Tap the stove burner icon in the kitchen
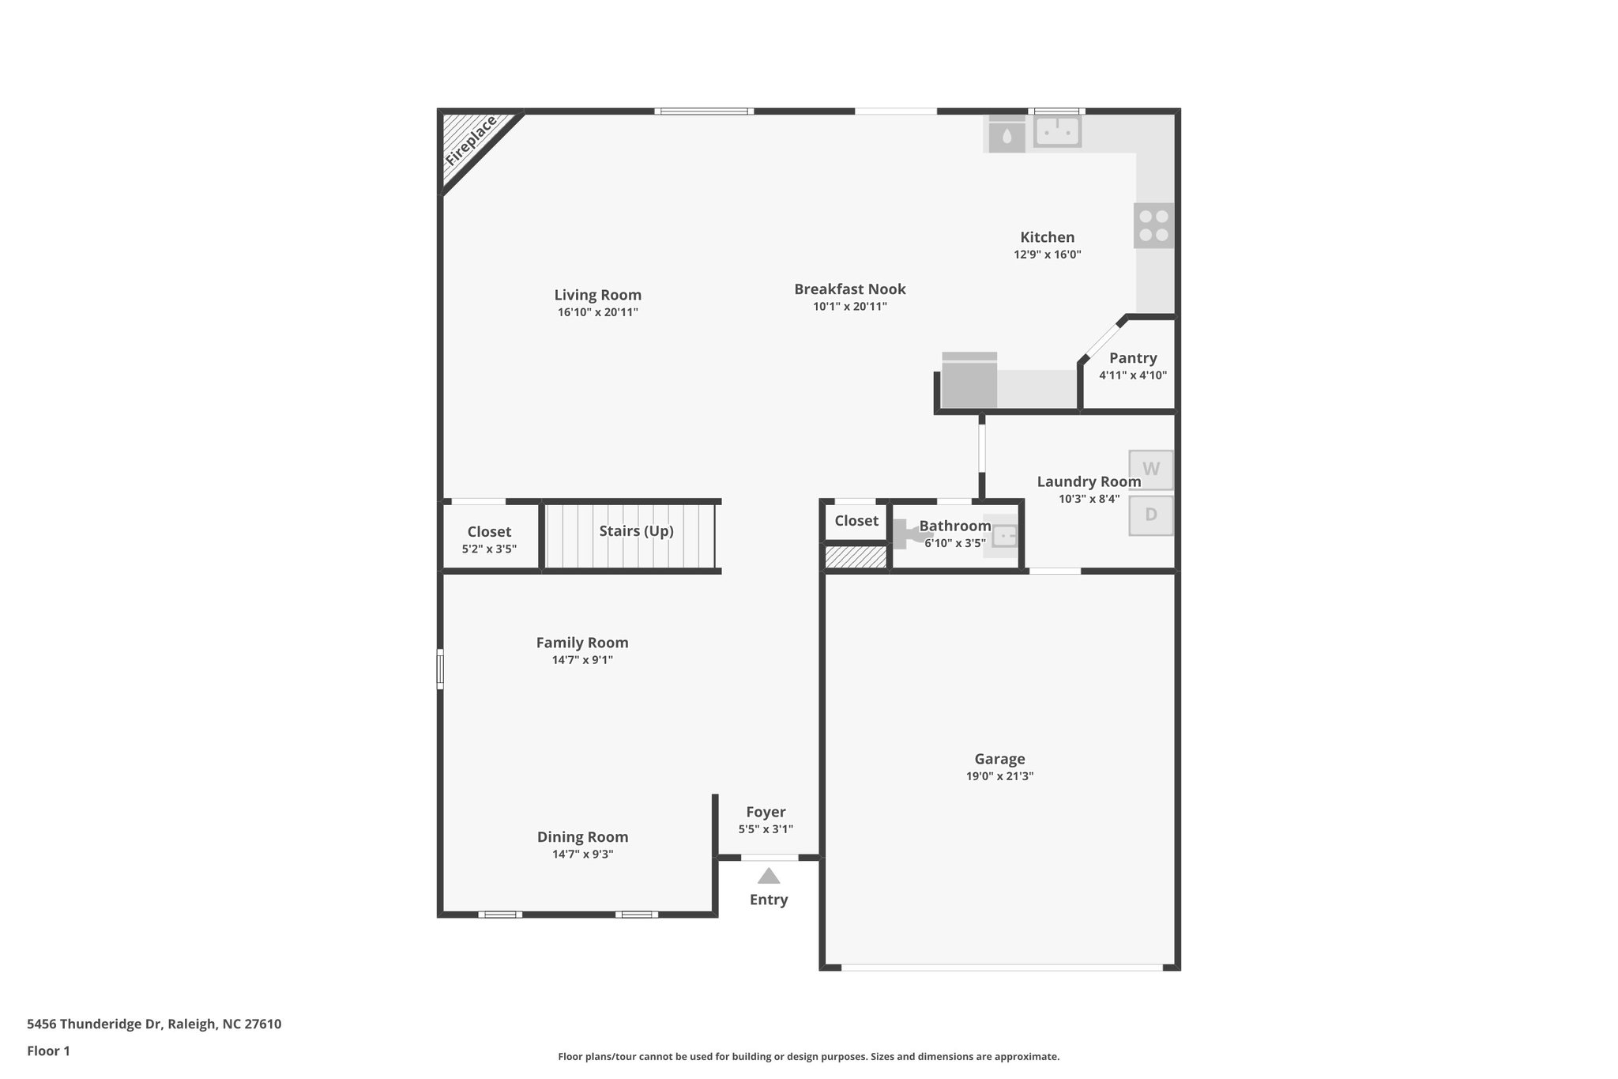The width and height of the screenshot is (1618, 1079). [x=1153, y=225]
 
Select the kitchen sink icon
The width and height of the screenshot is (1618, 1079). [x=1057, y=132]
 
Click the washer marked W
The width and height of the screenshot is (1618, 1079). [x=1150, y=470]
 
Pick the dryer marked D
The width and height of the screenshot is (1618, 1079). [x=1150, y=515]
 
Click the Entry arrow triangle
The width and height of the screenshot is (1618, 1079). [x=769, y=876]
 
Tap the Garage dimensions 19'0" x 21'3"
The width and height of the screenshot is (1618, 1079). [x=999, y=776]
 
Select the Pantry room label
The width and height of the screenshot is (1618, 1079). [x=1132, y=358]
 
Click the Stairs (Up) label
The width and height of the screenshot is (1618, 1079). [x=636, y=531]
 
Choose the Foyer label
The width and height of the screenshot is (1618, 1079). [x=766, y=812]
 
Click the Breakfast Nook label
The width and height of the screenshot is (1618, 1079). [x=849, y=289]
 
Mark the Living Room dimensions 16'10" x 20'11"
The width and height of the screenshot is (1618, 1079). [x=597, y=312]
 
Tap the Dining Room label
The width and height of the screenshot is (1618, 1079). [x=582, y=837]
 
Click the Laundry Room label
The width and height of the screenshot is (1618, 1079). [x=1089, y=481]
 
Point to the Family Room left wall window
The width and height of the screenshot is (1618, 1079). [x=440, y=669]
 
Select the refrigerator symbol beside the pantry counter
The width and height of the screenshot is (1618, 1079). [x=969, y=380]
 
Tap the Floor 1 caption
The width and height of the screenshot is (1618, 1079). [x=48, y=1051]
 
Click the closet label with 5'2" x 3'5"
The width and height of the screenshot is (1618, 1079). [x=489, y=532]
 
